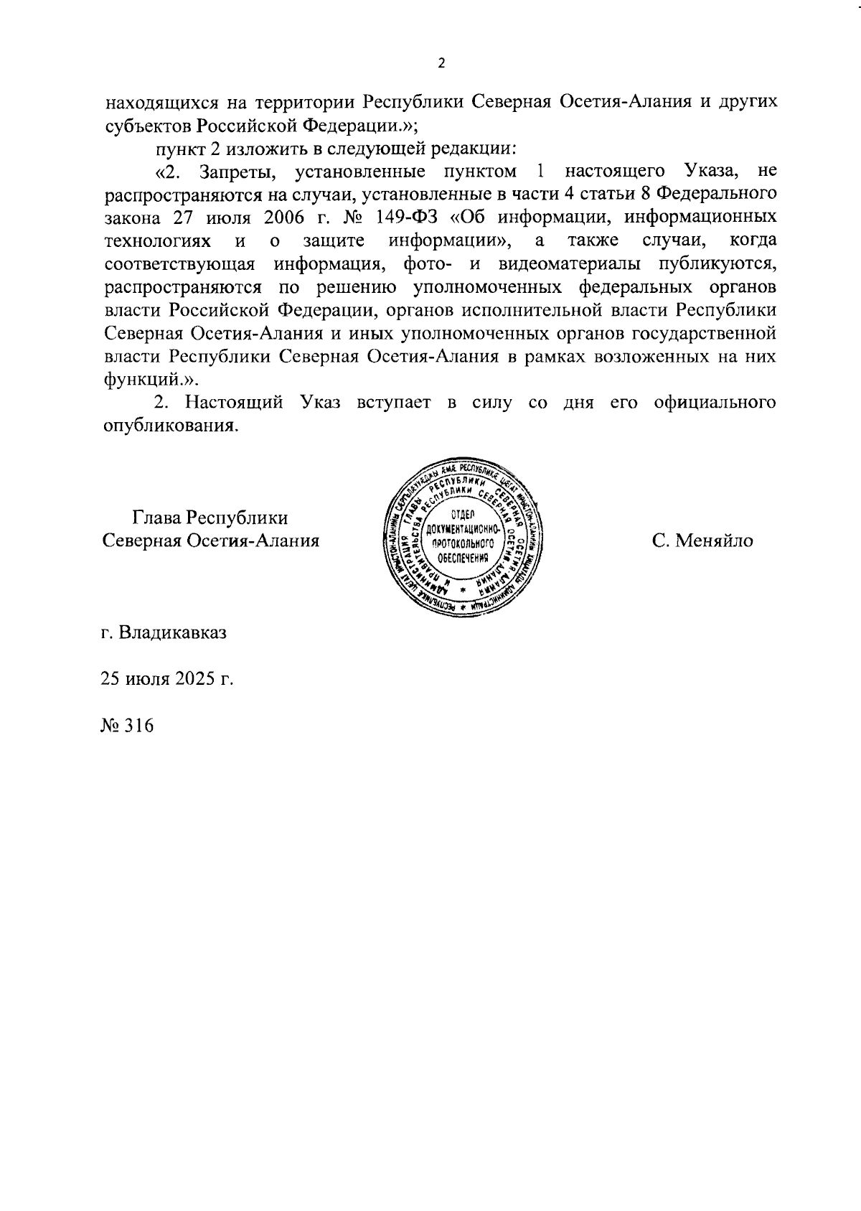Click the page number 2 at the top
(441, 64)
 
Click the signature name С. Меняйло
(702, 541)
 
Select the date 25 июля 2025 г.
(167, 679)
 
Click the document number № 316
(128, 725)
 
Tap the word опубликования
(170, 425)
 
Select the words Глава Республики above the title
(210, 518)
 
